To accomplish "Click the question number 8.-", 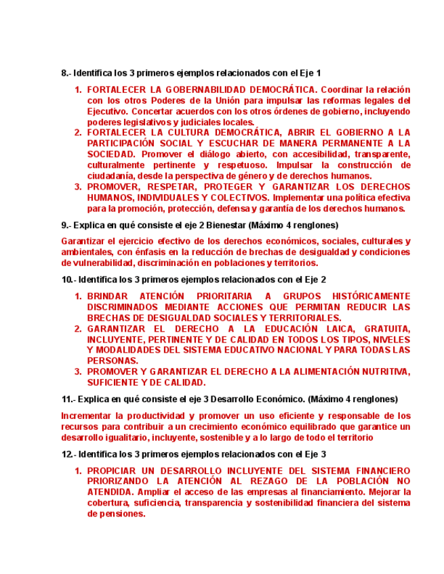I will tap(66, 72).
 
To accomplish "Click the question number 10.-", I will tap(68, 280).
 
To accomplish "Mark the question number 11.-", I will tap(68, 398).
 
